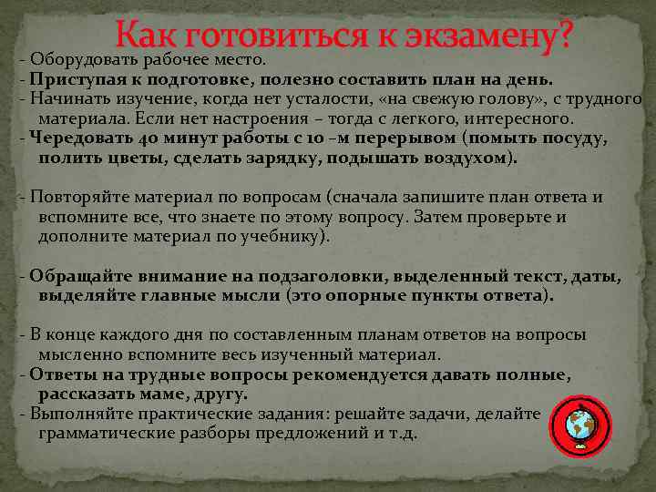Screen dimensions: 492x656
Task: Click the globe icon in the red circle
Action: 579,425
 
